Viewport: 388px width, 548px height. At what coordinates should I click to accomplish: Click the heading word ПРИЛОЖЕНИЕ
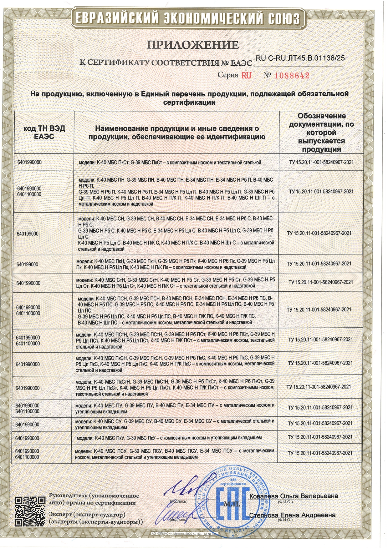(x=193, y=45)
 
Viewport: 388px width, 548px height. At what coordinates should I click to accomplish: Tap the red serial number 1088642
(x=292, y=76)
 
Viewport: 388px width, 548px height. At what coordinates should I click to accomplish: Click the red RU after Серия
(x=246, y=75)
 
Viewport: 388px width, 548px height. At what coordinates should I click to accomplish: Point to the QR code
(x=30, y=511)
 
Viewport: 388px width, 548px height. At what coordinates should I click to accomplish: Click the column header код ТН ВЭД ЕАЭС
(x=44, y=133)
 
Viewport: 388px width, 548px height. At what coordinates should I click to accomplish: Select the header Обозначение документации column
(x=321, y=133)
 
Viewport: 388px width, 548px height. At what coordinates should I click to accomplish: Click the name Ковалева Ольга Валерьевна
(x=294, y=496)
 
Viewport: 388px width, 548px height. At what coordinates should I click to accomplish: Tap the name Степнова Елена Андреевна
(x=292, y=515)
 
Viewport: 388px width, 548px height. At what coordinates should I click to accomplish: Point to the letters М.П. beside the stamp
(x=232, y=505)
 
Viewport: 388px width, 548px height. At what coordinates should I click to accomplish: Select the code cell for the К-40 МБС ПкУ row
(x=28, y=438)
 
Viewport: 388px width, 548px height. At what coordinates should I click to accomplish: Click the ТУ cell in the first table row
(x=321, y=163)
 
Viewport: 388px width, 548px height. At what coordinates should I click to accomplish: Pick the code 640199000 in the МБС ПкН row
(x=27, y=264)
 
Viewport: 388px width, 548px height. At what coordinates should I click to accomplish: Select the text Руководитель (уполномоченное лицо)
(x=94, y=499)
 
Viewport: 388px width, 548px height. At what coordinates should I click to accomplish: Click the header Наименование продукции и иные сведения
(x=177, y=133)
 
